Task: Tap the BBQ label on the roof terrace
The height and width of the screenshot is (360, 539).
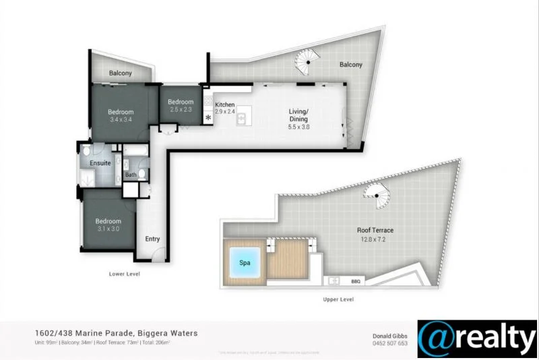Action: click(x=356, y=281)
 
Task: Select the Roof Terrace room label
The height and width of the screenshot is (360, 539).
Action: click(x=375, y=231)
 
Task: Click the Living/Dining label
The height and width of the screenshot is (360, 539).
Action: click(x=298, y=115)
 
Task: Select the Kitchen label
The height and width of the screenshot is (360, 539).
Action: click(x=224, y=105)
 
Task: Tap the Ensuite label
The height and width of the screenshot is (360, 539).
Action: click(x=100, y=163)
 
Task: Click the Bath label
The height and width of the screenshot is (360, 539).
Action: click(x=130, y=175)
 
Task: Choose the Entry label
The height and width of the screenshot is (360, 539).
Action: click(x=153, y=239)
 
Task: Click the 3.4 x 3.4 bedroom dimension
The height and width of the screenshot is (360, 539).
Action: click(x=121, y=120)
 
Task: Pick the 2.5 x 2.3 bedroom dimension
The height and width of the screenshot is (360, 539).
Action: click(x=181, y=109)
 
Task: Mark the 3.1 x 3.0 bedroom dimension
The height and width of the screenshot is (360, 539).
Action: click(x=108, y=229)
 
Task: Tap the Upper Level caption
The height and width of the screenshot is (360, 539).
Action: click(x=338, y=299)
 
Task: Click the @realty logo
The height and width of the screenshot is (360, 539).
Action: click(x=477, y=338)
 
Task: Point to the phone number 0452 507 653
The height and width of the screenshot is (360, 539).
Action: click(x=390, y=343)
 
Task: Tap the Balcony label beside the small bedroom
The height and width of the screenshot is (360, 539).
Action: click(x=121, y=73)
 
